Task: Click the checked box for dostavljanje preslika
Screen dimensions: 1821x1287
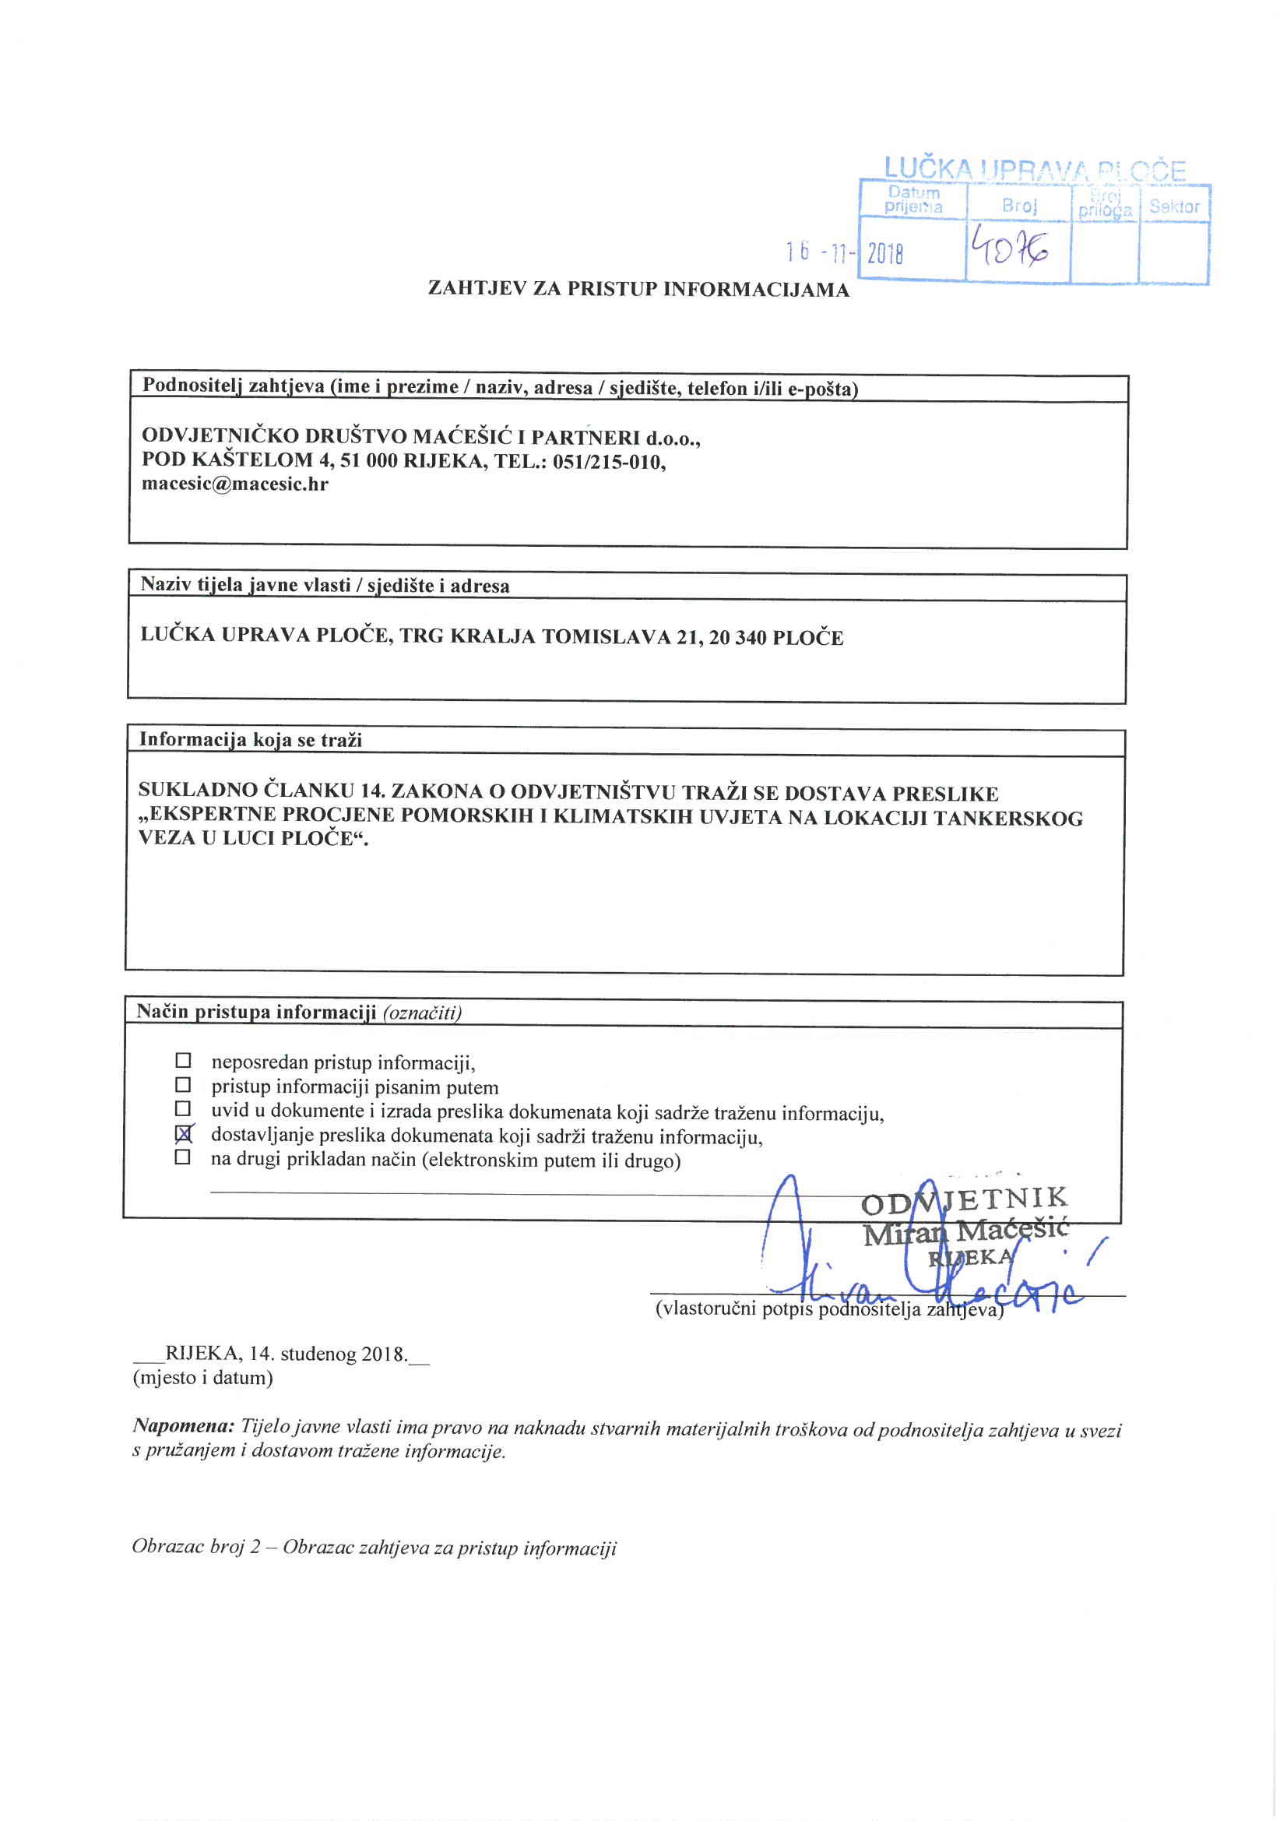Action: pyautogui.click(x=183, y=1135)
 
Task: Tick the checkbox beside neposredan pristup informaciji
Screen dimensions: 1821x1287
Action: pyautogui.click(x=183, y=1060)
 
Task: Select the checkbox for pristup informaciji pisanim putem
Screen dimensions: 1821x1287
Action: pyautogui.click(x=183, y=1084)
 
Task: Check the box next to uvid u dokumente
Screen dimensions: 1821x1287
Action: pyautogui.click(x=183, y=1108)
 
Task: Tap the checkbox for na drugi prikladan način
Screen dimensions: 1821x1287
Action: pyautogui.click(x=183, y=1158)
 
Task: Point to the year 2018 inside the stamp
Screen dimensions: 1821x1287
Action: pyautogui.click(x=886, y=254)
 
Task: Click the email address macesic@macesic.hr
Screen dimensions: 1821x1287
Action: pyautogui.click(x=234, y=484)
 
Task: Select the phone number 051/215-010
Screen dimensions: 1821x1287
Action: pyautogui.click(x=608, y=462)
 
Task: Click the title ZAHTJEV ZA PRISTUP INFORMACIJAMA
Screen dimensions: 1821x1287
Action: pyautogui.click(x=638, y=289)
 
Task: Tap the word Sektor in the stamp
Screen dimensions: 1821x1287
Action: pyautogui.click(x=1174, y=207)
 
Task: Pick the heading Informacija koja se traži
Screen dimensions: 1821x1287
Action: pyautogui.click(x=251, y=740)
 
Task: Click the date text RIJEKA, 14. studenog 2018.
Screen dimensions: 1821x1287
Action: pyautogui.click(x=286, y=1354)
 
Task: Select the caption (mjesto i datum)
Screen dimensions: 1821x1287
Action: pyautogui.click(x=203, y=1378)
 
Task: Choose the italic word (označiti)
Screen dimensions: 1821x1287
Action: pyautogui.click(x=422, y=1013)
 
